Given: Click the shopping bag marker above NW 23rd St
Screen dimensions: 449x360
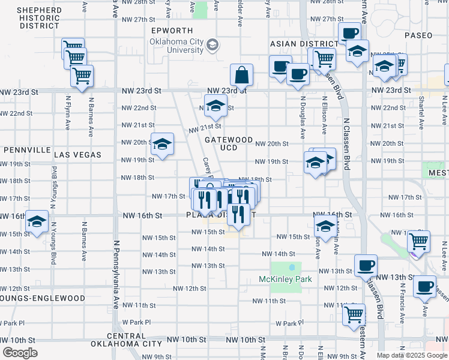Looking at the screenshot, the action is [241, 76].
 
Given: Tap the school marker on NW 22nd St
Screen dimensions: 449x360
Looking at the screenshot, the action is [215, 107].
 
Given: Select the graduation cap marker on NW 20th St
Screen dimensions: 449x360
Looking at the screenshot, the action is [162, 144].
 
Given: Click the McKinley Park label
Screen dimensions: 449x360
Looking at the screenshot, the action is [285, 279].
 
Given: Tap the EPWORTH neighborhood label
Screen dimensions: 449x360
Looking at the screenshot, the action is [172, 31].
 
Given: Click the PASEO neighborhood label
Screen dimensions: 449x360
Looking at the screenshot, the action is [418, 35].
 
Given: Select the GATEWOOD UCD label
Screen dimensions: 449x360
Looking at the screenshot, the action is [229, 143].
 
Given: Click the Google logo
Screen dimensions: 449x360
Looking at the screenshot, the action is [20, 353].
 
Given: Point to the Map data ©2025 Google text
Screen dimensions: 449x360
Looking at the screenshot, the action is [412, 355].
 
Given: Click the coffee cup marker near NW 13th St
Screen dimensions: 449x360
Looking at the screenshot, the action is [366, 265].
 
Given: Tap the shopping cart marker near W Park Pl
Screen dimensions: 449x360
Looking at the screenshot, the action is [354, 314].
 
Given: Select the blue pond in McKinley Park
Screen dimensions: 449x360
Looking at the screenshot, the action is [292, 266].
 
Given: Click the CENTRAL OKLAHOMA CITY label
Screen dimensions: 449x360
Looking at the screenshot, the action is [127, 340].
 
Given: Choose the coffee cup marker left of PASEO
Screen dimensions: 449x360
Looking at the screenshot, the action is [349, 34].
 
